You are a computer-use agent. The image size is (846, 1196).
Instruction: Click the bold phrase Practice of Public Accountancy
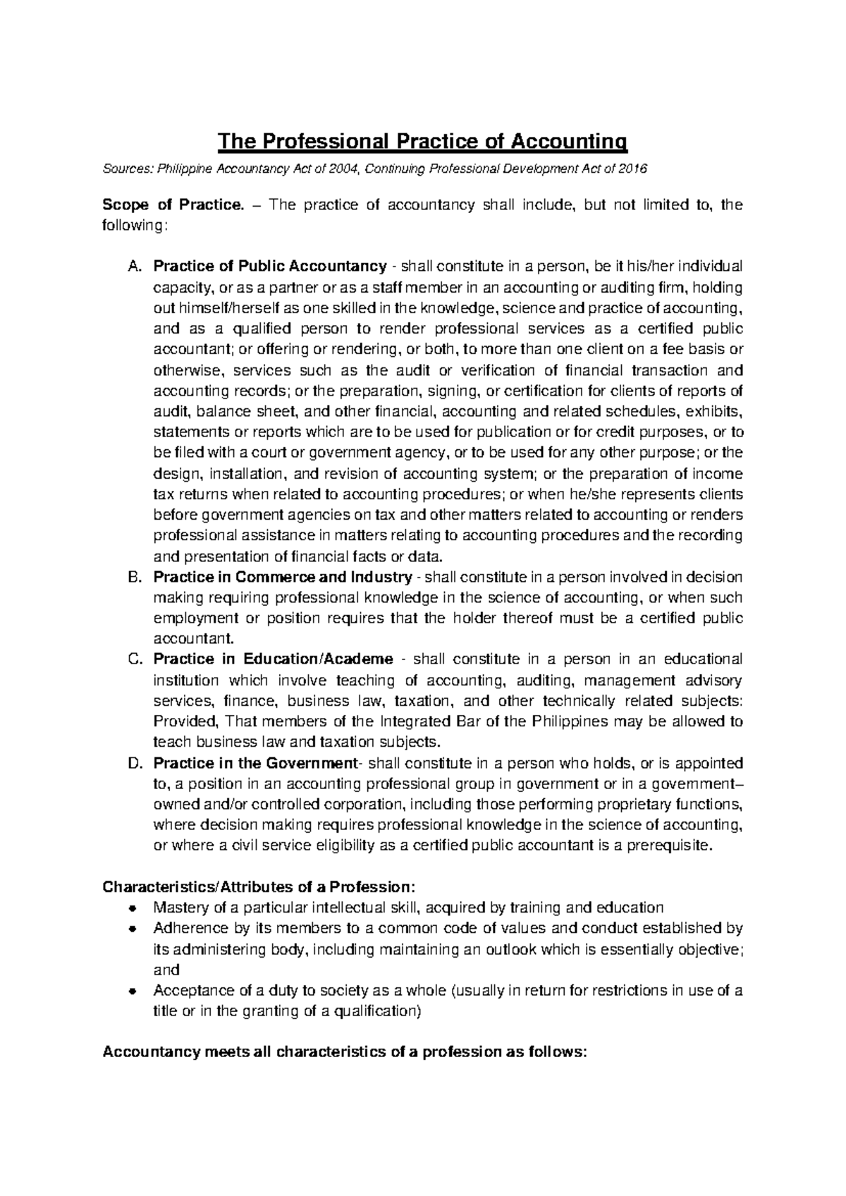pyautogui.click(x=269, y=267)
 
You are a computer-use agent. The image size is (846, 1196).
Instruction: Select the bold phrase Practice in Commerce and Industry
pyautogui.click(x=282, y=577)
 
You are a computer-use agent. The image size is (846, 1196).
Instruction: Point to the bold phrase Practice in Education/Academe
pyautogui.click(x=273, y=659)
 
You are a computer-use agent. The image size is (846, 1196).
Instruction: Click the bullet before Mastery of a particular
pyautogui.click(x=133, y=908)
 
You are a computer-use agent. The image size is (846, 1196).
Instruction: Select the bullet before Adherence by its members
pyautogui.click(x=133, y=929)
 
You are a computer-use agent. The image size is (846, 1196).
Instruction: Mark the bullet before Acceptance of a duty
pyautogui.click(x=133, y=991)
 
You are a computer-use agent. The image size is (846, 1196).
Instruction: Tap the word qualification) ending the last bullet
pyautogui.click(x=376, y=1011)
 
